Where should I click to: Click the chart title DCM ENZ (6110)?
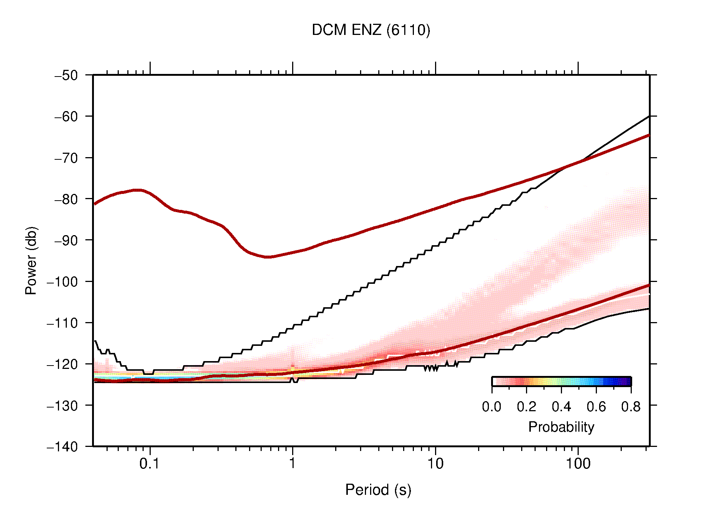click(371, 30)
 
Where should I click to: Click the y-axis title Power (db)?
click(31, 260)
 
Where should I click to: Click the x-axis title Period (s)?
click(378, 490)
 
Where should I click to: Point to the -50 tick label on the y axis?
click(66, 75)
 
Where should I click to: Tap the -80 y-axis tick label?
click(66, 199)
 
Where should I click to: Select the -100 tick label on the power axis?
click(62, 282)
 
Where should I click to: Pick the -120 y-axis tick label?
click(62, 364)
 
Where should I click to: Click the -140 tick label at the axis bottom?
click(62, 447)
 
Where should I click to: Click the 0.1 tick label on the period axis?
click(150, 464)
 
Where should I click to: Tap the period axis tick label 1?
click(293, 464)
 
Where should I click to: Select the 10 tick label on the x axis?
click(435, 464)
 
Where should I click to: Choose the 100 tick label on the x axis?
click(578, 464)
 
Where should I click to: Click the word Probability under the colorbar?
click(561, 427)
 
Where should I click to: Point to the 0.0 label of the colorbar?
click(491, 407)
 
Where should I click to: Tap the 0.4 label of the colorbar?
click(561, 407)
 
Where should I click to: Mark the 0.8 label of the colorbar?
click(631, 407)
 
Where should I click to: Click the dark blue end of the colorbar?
click(627, 382)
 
